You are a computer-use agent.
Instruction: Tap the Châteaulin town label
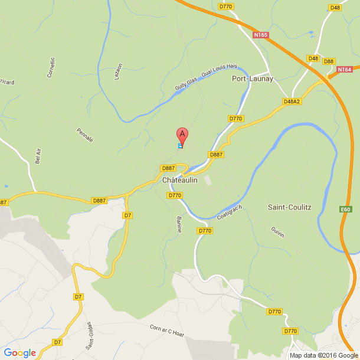(179, 181)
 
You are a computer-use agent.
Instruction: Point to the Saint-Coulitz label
(289, 207)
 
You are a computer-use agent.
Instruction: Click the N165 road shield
(261, 35)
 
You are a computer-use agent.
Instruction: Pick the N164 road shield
(345, 70)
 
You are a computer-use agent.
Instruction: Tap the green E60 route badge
(346, 209)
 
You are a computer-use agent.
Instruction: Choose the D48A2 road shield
(292, 102)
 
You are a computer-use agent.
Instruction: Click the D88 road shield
(329, 61)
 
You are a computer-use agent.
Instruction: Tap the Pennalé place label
(86, 135)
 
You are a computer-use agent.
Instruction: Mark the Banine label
(179, 224)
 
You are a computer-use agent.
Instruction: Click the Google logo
(19, 353)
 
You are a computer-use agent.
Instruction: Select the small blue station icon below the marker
(180, 146)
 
